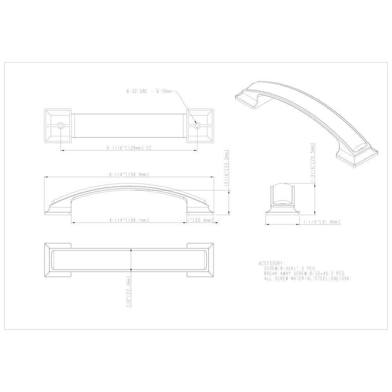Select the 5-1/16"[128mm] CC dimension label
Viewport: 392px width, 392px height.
point(128,149)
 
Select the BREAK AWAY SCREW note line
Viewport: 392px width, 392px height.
point(304,273)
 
